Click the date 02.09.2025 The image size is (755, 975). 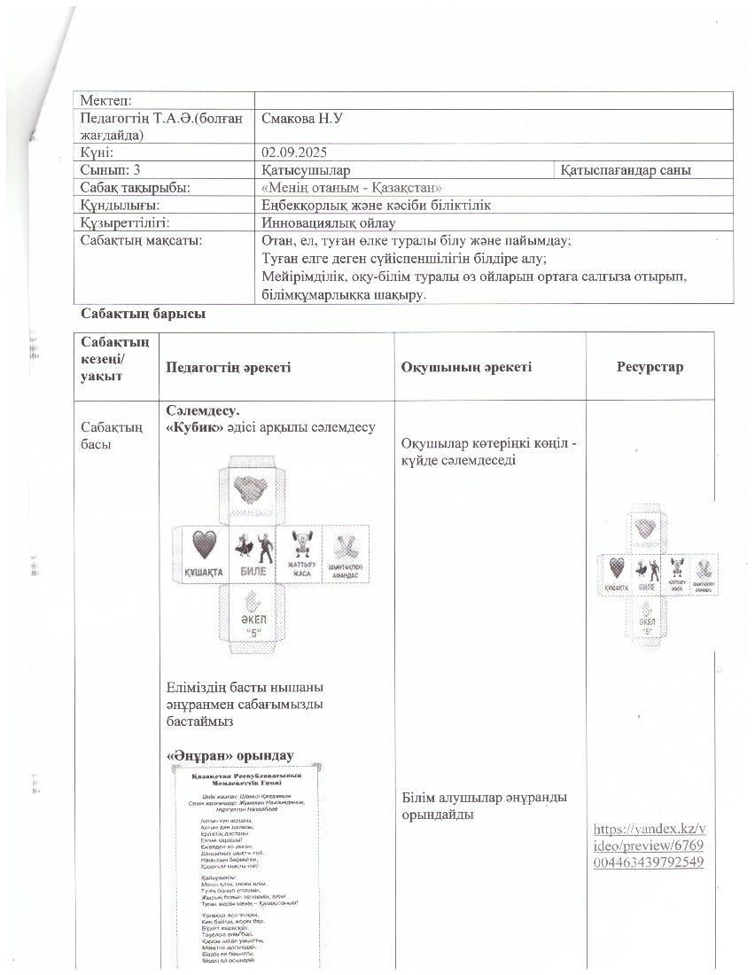pos(297,152)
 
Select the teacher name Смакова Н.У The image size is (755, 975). pos(306,118)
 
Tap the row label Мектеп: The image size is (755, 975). pos(105,101)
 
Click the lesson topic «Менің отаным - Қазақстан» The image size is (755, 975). pos(352,188)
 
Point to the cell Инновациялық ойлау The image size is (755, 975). pos(329,222)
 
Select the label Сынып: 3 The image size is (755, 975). pos(110,170)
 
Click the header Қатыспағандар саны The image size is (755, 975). pos(626,170)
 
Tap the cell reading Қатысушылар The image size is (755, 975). pos(306,170)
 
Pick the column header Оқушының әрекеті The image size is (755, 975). pos(466,367)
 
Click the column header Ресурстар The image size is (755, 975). pos(650,367)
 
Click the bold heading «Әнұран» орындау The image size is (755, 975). pos(230,756)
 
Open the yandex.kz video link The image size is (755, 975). pos(650,845)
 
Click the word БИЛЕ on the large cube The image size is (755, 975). pos(253,572)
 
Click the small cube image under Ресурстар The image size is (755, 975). pos(658,573)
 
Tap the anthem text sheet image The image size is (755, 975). pos(245,865)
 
